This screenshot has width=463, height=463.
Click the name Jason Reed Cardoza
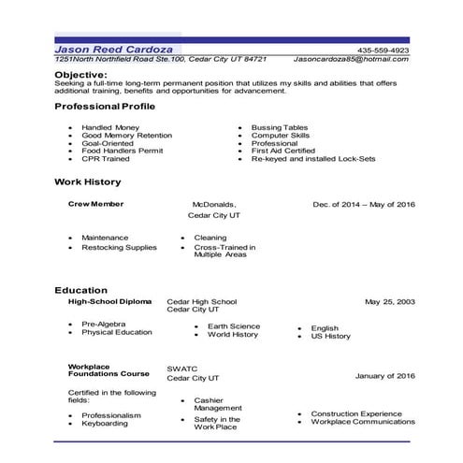[x=116, y=49]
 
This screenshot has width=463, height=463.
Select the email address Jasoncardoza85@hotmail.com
[x=351, y=59]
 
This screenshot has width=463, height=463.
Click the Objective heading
[x=80, y=72]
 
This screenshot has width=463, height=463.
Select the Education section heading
[x=81, y=290]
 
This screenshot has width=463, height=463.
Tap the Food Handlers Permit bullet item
[x=120, y=151]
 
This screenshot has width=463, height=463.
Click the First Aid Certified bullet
[x=284, y=151]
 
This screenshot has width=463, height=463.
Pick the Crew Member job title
[x=96, y=203]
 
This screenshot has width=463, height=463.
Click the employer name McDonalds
[x=214, y=204]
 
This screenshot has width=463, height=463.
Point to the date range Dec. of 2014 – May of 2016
[x=363, y=204]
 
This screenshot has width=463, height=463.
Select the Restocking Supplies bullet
[x=119, y=247]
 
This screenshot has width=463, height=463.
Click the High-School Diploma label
[x=109, y=302]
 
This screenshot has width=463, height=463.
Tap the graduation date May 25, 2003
[x=389, y=302]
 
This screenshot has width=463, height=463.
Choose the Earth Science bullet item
[x=234, y=326]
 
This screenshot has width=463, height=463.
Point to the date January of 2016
[x=384, y=376]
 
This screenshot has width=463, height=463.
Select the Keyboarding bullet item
[x=105, y=424]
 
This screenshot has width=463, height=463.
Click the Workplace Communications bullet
[x=363, y=423]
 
